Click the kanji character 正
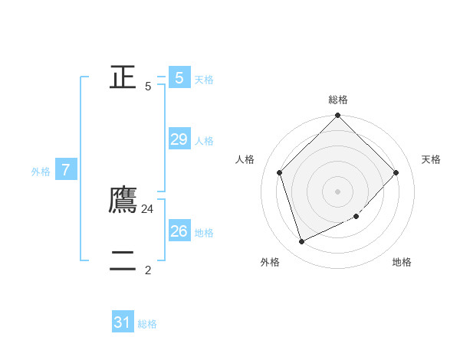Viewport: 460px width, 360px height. pyautogui.click(x=123, y=77)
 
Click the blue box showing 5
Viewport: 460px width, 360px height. pyautogui.click(x=179, y=77)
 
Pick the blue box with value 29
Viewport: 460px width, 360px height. pyautogui.click(x=179, y=139)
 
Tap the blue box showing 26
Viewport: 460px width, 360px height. pyautogui.click(x=179, y=231)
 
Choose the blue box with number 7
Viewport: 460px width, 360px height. pyautogui.click(x=66, y=170)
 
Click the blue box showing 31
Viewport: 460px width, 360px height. pyautogui.click(x=123, y=322)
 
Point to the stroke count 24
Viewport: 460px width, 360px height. pyautogui.click(x=148, y=208)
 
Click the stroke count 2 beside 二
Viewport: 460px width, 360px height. pyautogui.click(x=148, y=270)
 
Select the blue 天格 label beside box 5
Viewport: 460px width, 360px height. pyautogui.click(x=204, y=80)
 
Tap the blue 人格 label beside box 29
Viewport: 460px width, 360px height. pyautogui.click(x=204, y=141)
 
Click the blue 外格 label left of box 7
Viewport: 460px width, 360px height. pyautogui.click(x=41, y=172)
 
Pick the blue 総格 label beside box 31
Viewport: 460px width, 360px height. pyautogui.click(x=147, y=325)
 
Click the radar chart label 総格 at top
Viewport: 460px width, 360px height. pyautogui.click(x=338, y=100)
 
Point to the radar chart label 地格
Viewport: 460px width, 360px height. pyautogui.click(x=402, y=262)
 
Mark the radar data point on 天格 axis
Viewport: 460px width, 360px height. pyautogui.click(x=396, y=172)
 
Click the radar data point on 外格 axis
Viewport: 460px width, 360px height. pyautogui.click(x=301, y=242)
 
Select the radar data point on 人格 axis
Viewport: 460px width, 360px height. pyautogui.click(x=280, y=172)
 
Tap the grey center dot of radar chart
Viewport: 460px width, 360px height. pyautogui.click(x=338, y=191)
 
